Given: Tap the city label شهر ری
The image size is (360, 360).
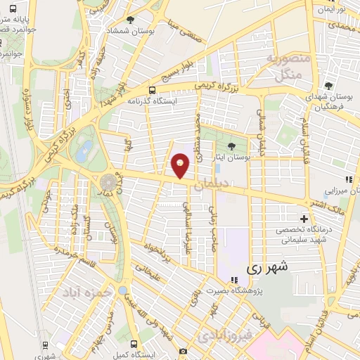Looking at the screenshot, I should (269, 268).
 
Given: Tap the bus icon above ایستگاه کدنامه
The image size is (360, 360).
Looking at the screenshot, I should (153, 91).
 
